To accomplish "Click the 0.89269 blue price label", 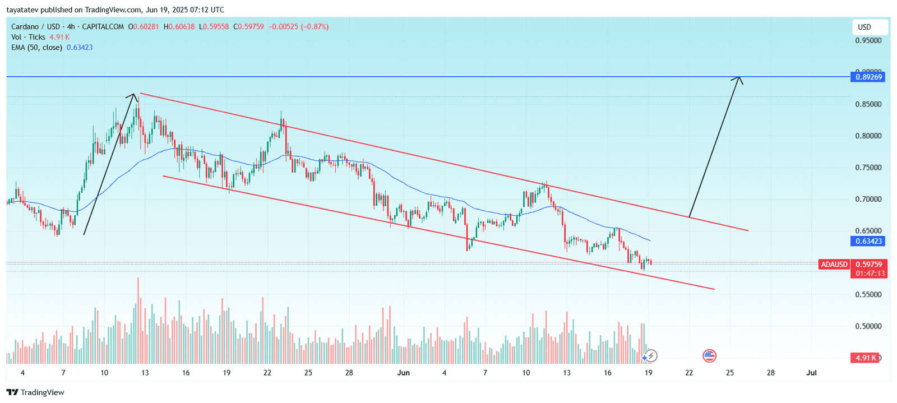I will [868, 77].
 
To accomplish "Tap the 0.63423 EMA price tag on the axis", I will [868, 241].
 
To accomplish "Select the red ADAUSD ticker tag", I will [834, 264].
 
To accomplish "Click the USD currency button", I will [864, 27].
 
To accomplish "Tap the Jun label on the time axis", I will [403, 373].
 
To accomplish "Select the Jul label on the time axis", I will [811, 373].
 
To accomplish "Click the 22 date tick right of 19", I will [689, 373].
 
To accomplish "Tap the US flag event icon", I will [709, 355].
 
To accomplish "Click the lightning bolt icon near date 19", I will [650, 356].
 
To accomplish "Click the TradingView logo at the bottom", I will [36, 392].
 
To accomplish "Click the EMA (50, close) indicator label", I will [36, 48].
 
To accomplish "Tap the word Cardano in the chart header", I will [25, 26].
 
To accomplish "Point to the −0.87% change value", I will [316, 26].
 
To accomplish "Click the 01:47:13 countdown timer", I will [870, 273].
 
